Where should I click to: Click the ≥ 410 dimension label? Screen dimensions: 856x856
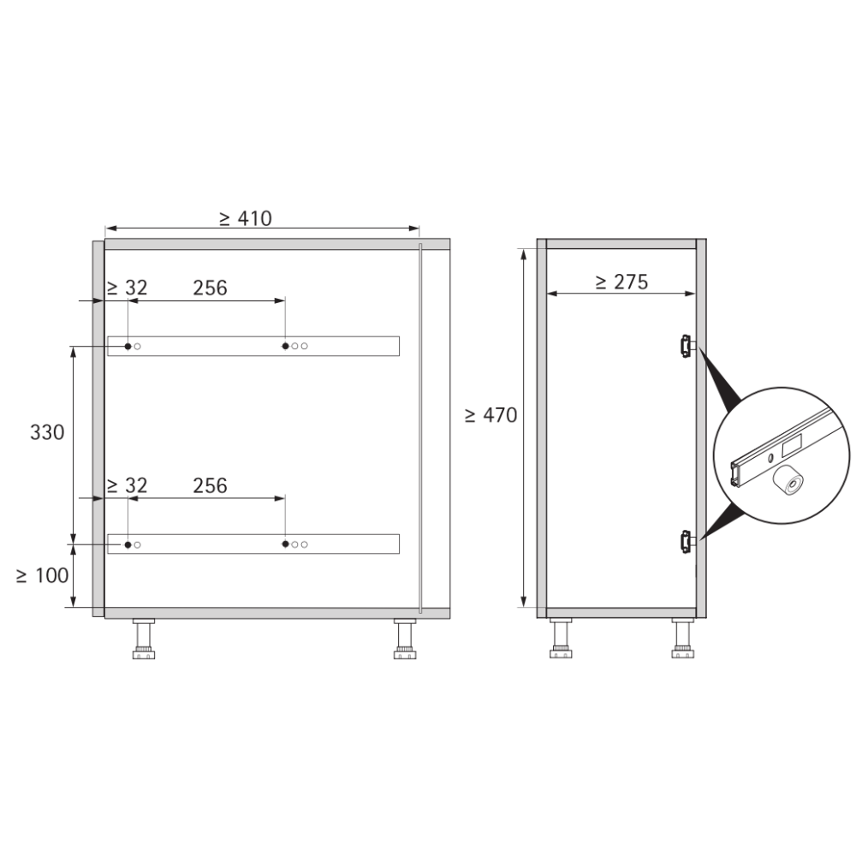pyautogui.click(x=245, y=218)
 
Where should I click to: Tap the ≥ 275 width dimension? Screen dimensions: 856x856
pyautogui.click(x=621, y=282)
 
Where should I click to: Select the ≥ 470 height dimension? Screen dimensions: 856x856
pyautogui.click(x=490, y=415)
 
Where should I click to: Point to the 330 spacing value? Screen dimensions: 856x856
pyautogui.click(x=47, y=432)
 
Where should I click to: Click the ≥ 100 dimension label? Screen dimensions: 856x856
pyautogui.click(x=42, y=575)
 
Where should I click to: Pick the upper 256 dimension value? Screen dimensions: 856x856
pyautogui.click(x=211, y=288)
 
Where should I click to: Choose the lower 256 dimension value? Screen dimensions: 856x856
pyautogui.click(x=211, y=485)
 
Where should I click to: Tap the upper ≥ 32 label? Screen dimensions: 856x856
pyautogui.click(x=128, y=288)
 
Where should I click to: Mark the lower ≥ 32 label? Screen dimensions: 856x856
pyautogui.click(x=128, y=485)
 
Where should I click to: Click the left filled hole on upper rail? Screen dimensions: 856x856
pyautogui.click(x=128, y=346)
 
